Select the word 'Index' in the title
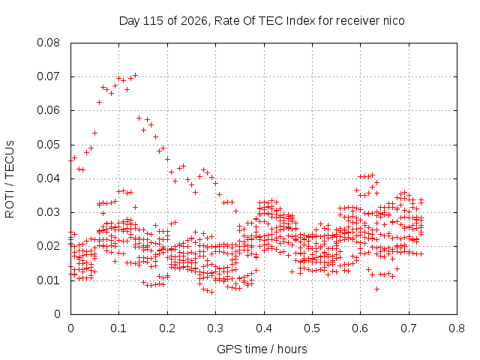coord(301,21)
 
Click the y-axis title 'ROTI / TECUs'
coord(10,179)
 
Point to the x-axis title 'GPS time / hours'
coord(262,349)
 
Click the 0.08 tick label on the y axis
coord(48,43)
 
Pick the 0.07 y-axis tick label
coord(48,76)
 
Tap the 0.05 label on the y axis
coord(48,145)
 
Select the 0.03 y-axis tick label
coord(48,212)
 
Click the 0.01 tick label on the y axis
coord(48,280)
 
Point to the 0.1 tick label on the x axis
coord(118,328)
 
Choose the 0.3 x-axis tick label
coord(215,328)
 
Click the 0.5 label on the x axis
coord(312,328)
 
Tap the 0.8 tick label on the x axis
coord(457,328)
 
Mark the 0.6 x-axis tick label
coord(360,328)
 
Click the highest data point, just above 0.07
coord(135,75)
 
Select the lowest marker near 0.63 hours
coord(376,289)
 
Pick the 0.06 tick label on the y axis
coord(48,110)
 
